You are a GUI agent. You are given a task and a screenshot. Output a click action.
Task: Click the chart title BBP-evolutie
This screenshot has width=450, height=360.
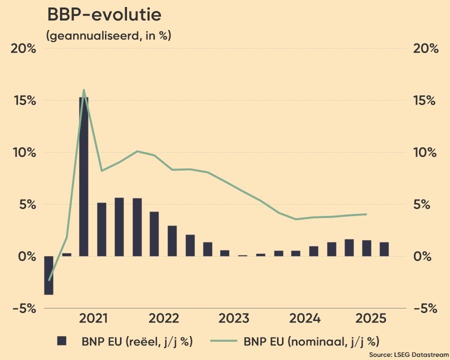point(104,15)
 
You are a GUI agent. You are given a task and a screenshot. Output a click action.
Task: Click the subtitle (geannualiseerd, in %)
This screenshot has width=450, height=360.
point(108,35)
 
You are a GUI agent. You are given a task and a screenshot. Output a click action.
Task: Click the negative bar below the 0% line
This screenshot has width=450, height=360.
point(48,275)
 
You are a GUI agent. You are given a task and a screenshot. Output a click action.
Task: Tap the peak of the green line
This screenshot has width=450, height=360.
point(83,90)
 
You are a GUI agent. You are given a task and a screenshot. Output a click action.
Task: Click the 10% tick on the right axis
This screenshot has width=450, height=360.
point(425,152)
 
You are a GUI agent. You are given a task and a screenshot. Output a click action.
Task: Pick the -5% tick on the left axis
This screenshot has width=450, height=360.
point(24,308)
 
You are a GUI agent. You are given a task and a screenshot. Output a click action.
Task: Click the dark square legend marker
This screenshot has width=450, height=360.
point(62,341)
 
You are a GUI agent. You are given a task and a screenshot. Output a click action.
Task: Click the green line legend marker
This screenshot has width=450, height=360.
point(222,341)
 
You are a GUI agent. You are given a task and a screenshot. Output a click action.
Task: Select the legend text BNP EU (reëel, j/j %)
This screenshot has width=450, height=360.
point(137,342)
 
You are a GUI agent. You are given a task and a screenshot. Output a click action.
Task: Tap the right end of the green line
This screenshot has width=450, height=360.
point(366,214)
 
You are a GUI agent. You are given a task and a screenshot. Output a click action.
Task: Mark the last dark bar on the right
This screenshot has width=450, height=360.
point(384,249)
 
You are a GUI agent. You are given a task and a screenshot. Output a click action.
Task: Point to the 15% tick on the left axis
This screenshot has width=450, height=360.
point(24,100)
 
